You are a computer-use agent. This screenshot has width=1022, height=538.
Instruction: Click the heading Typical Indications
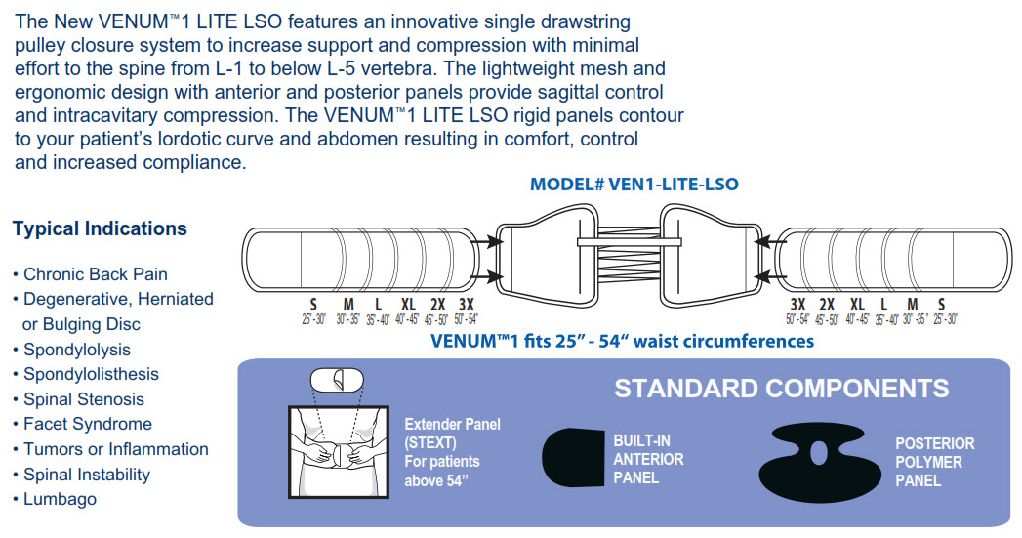100,228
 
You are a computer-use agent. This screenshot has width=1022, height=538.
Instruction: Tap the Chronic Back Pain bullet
96,274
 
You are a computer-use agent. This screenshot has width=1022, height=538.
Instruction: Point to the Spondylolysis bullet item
77,350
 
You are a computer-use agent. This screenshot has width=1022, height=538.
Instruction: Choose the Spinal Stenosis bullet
84,399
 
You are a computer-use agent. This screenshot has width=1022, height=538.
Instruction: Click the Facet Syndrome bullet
88,424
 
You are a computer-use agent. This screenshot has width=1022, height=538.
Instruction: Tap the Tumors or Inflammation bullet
116,449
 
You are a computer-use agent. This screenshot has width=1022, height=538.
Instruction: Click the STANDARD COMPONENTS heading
781,389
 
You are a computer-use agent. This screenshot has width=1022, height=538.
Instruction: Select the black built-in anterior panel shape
573,458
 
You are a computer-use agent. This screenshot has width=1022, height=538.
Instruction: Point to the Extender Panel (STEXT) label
452,433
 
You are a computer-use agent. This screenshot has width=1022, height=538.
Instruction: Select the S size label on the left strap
313,304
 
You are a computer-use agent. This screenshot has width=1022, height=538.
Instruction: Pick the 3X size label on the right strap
797,304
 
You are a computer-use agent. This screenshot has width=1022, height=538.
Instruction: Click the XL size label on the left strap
408,304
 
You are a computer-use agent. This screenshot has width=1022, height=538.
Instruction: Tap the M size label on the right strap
912,304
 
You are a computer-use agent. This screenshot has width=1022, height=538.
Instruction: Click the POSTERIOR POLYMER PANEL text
934,462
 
